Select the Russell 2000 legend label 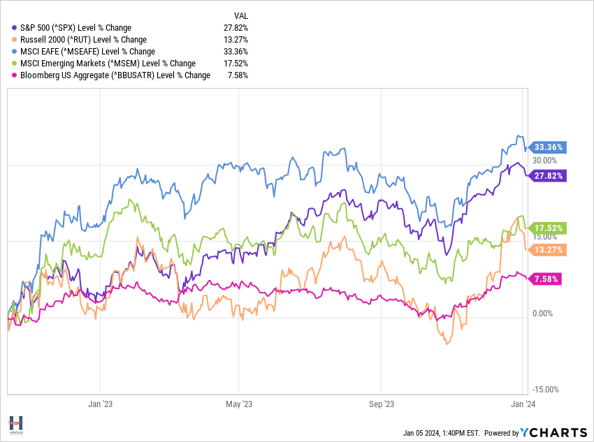[83, 39]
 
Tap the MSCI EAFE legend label [88, 51]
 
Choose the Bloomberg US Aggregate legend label [115, 75]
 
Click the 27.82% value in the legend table [234, 27]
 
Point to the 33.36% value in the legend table [234, 51]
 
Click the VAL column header [240, 15]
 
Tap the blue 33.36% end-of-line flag [549, 147]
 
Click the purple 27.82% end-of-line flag [549, 175]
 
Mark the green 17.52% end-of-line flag [549, 228]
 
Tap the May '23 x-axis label [239, 404]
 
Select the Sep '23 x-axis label [381, 404]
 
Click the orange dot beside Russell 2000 [15, 39]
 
